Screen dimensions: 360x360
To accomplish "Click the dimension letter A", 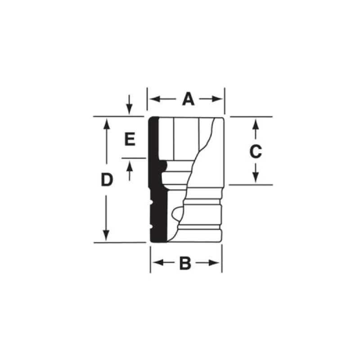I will [x=188, y=99].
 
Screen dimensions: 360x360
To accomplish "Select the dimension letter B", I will [x=185, y=263].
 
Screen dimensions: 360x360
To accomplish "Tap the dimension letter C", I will [x=255, y=152].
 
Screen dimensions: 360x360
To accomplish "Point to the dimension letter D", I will [x=106, y=180].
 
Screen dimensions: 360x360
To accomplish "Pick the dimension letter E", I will [x=130, y=139].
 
